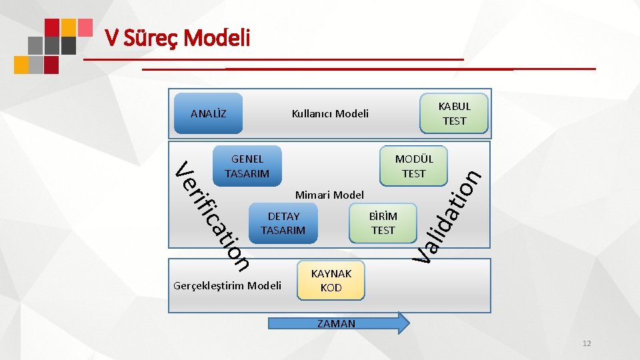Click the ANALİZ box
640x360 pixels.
(208, 113)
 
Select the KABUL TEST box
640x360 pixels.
(454, 113)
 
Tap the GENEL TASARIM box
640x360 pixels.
(247, 166)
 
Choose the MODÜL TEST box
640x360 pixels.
(413, 166)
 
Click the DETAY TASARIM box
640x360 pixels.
(283, 223)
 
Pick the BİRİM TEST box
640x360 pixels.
(383, 223)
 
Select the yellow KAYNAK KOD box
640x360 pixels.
(331, 281)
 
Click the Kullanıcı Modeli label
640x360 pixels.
(330, 113)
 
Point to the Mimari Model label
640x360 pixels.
(329, 195)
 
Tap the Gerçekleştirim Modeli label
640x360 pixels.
(227, 286)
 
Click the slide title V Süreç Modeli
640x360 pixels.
(177, 39)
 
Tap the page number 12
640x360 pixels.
(587, 343)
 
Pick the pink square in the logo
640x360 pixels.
(85, 27)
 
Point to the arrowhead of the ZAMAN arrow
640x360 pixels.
(402, 323)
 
